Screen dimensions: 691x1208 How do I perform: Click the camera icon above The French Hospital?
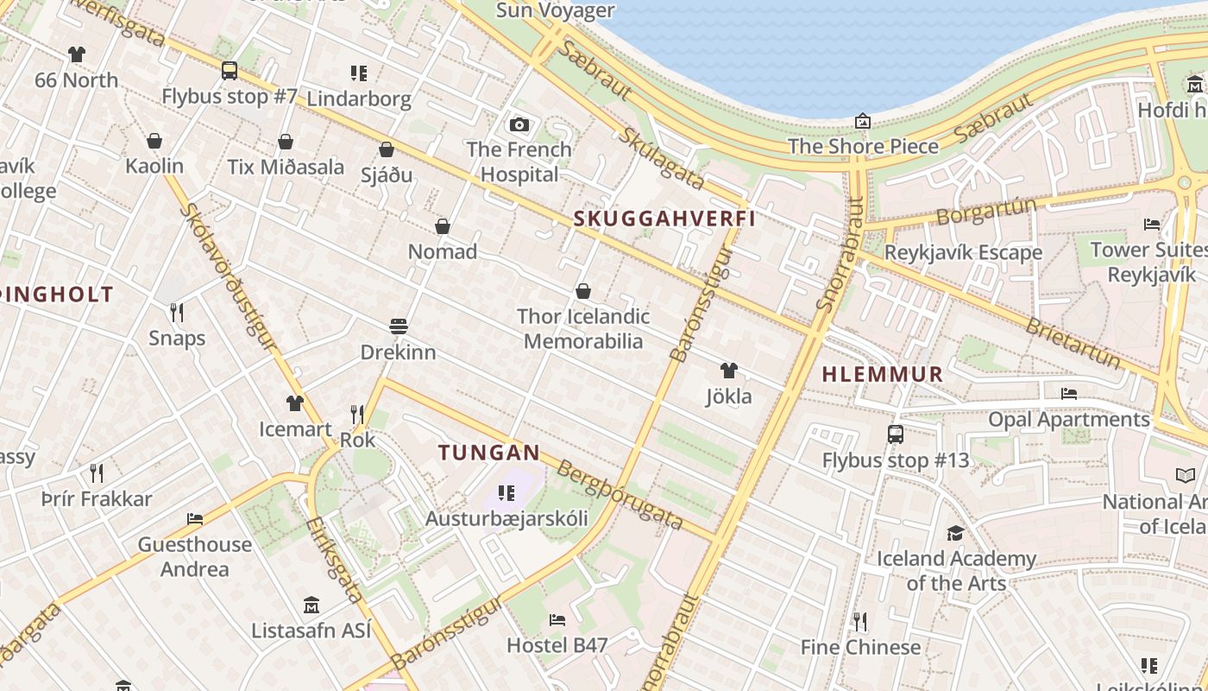pyautogui.click(x=519, y=124)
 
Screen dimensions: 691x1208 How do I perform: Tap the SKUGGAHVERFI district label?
pyautogui.click(x=664, y=219)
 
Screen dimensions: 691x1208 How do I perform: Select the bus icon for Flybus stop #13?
pyautogui.click(x=896, y=434)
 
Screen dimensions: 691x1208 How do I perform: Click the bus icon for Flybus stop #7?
pyautogui.click(x=230, y=71)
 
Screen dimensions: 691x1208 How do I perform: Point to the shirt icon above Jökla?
pyautogui.click(x=729, y=371)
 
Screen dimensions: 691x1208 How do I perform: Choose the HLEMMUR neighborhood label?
pyautogui.click(x=882, y=374)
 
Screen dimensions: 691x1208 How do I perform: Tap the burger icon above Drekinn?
pyautogui.click(x=398, y=326)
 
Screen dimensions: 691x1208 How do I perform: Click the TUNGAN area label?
pyautogui.click(x=488, y=452)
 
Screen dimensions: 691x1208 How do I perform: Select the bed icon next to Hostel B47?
pyautogui.click(x=557, y=620)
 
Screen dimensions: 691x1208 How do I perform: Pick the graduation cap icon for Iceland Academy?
pyautogui.click(x=955, y=533)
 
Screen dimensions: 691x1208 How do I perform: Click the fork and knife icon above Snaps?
pyautogui.click(x=177, y=312)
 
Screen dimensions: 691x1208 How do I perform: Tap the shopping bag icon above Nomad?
pyautogui.click(x=443, y=226)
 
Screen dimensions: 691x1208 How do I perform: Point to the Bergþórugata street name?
pyautogui.click(x=620, y=495)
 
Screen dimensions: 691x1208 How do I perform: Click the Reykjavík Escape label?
pyautogui.click(x=963, y=253)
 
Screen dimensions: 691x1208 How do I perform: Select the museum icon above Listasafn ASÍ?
pyautogui.click(x=311, y=605)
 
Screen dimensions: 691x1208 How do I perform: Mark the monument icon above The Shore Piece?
pyautogui.click(x=862, y=121)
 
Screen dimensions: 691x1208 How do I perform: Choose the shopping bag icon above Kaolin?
pyautogui.click(x=154, y=141)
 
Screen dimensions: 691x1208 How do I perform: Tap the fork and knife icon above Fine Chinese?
pyautogui.click(x=859, y=622)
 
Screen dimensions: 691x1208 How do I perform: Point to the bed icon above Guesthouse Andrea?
pyautogui.click(x=195, y=519)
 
